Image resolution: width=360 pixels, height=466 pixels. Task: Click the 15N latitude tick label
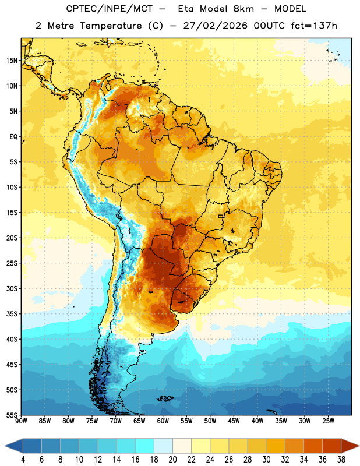pos(12,61)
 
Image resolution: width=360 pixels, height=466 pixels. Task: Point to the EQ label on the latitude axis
pos(13,137)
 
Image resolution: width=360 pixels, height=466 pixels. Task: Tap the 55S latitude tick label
pos(12,415)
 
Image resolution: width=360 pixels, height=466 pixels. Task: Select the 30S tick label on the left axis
pos(12,288)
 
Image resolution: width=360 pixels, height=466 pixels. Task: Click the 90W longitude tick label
pos(21,421)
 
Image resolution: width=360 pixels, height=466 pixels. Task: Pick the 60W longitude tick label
pos(163,421)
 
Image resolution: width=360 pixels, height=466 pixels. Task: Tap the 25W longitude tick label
pos(328,421)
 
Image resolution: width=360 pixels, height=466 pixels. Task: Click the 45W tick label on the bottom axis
pos(234,421)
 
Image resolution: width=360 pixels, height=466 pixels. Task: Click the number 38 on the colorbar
pos(341,460)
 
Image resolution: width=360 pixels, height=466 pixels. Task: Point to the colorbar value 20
pos(172,460)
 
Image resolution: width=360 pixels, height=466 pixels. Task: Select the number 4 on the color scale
pos(23,460)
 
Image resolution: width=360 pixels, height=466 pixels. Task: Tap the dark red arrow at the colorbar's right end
pos(350,446)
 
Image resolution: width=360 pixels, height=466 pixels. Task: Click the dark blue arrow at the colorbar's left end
pos(14,446)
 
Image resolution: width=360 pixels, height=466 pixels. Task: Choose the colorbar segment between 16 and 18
pos(145,446)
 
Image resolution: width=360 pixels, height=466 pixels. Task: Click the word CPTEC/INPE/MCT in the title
pos(110,9)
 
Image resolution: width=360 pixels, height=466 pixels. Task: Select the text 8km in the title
pos(243,9)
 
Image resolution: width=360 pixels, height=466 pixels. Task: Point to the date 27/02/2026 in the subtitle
pos(215,26)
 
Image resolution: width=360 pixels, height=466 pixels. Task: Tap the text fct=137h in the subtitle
pos(314,26)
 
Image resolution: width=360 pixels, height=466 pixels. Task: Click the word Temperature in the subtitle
pos(111,26)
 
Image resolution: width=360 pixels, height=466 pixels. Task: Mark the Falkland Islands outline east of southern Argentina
pos(165,398)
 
